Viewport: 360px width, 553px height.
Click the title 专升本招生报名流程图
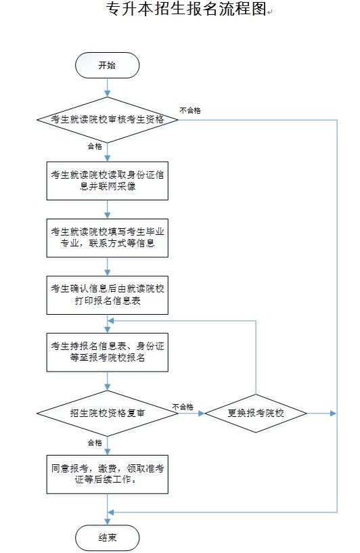point(186,9)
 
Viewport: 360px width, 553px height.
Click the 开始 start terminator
point(107,65)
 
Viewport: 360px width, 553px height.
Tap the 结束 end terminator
point(107,537)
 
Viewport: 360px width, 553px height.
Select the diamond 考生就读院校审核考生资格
point(108,120)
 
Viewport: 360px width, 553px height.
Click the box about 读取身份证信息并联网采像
point(107,181)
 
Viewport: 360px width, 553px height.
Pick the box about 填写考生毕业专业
point(107,238)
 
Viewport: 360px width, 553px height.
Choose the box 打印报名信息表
point(107,295)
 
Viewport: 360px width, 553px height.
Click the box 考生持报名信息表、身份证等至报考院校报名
point(107,353)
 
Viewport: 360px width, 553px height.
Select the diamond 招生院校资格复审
point(108,414)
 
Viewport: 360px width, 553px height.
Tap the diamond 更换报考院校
point(256,414)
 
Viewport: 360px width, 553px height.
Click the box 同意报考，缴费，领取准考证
point(107,474)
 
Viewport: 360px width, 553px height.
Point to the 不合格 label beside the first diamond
point(190,111)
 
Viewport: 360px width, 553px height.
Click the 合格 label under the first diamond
point(95,146)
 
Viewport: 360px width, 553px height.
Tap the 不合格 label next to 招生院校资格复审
point(183,407)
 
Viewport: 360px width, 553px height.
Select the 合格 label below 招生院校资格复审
point(95,443)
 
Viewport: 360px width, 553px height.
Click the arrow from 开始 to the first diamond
point(107,87)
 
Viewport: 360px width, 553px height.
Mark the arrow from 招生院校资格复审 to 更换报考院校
point(192,414)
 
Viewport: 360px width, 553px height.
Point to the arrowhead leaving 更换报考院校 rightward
point(334,414)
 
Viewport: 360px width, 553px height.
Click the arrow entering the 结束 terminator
point(107,509)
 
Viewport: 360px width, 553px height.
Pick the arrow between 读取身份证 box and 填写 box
point(107,210)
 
